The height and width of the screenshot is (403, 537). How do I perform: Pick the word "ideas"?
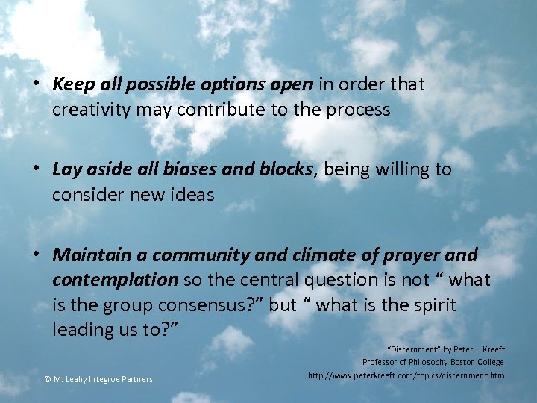[193, 196]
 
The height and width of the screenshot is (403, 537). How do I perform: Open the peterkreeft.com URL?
[406, 375]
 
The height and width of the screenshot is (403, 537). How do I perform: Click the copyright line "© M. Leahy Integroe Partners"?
[98, 380]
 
